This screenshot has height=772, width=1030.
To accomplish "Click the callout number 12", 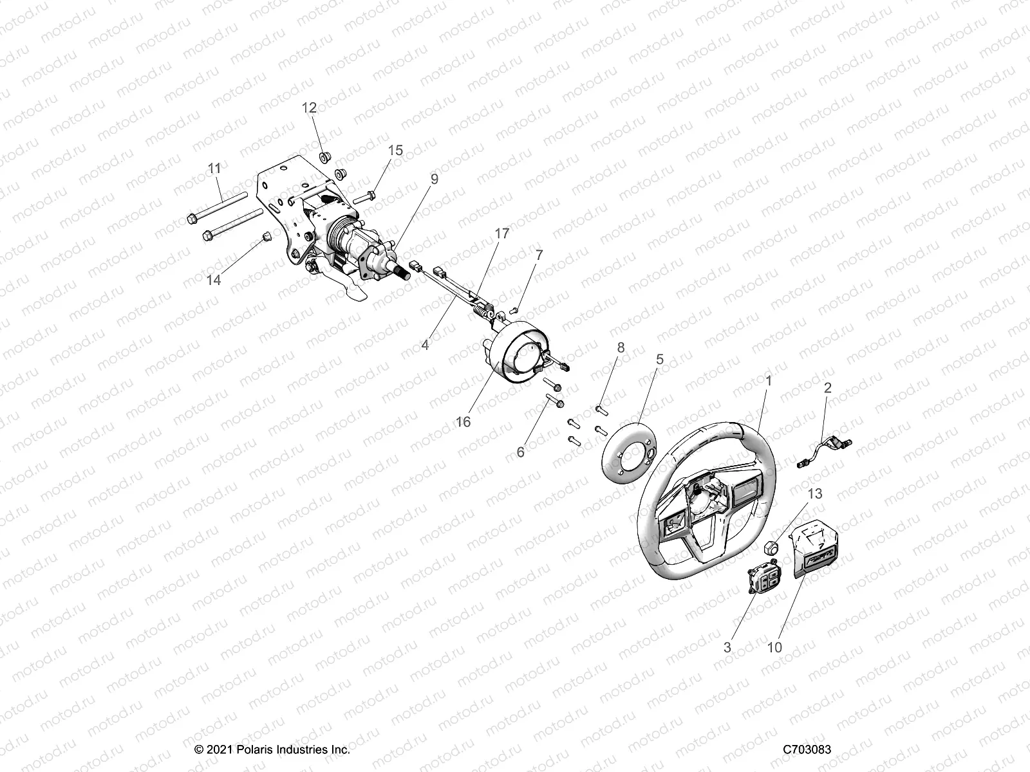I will pyautogui.click(x=310, y=107).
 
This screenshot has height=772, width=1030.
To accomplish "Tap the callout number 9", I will pyautogui.click(x=435, y=179).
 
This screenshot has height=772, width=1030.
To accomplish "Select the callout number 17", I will pyautogui.click(x=501, y=234).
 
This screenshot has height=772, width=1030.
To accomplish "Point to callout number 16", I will pyautogui.click(x=464, y=422).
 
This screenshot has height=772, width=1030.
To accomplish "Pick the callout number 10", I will pyautogui.click(x=775, y=647).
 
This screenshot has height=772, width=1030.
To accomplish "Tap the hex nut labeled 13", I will pyautogui.click(x=771, y=548).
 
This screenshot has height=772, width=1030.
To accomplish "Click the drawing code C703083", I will pyautogui.click(x=807, y=750).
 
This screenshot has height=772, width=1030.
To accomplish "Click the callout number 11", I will pyautogui.click(x=214, y=168).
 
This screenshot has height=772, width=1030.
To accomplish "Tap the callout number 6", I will pyautogui.click(x=520, y=452).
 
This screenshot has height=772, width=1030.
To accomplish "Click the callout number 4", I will pyautogui.click(x=425, y=345).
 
